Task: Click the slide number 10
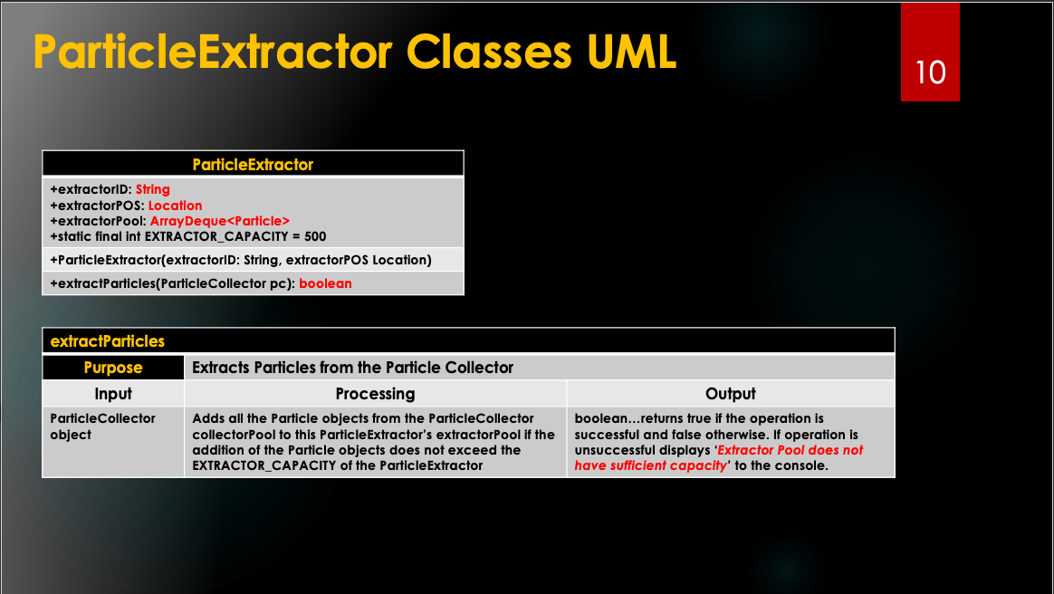point(930,72)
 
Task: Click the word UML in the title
point(631,51)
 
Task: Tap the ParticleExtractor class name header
point(253,165)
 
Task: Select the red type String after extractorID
point(153,189)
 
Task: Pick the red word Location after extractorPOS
point(175,206)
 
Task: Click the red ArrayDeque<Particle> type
point(220,221)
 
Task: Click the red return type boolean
point(325,283)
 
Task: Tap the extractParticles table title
point(108,341)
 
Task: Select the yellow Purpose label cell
point(113,368)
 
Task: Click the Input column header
point(113,394)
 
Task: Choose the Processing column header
point(375,394)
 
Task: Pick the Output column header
point(731,394)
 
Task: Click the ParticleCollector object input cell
point(102,426)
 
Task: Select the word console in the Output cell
point(805,465)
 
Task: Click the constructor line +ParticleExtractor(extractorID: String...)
point(241,260)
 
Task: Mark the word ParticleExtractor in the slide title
point(213,51)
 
